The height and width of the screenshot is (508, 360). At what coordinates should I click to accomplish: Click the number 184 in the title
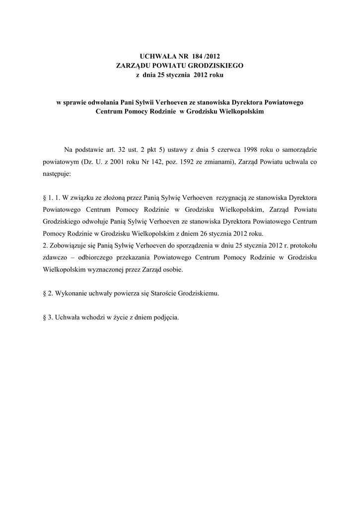[205, 57]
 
